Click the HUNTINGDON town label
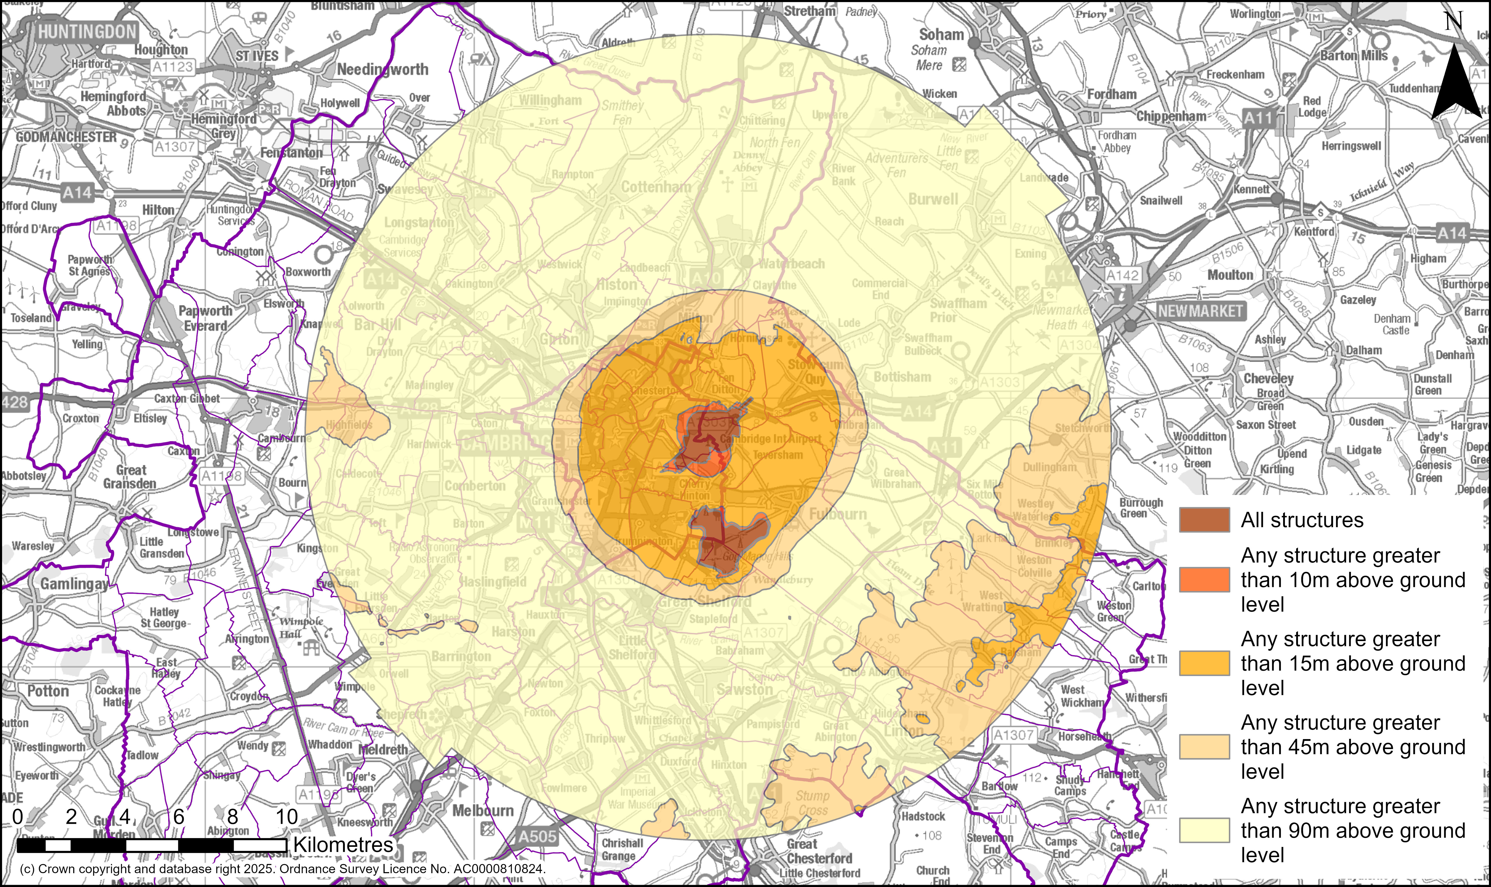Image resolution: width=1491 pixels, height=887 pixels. (x=87, y=32)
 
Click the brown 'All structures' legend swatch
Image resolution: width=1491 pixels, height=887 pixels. (x=1204, y=520)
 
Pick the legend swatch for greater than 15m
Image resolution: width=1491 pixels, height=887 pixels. (x=1204, y=663)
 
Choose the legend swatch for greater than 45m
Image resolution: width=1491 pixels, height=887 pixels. (x=1204, y=747)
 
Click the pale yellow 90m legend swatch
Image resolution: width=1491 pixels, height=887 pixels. (x=1204, y=830)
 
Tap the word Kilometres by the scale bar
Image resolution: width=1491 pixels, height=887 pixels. (x=343, y=845)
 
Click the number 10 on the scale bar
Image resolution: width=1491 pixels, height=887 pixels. (x=286, y=816)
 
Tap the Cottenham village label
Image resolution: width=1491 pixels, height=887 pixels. (x=656, y=187)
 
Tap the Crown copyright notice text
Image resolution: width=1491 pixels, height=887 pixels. (x=282, y=869)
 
